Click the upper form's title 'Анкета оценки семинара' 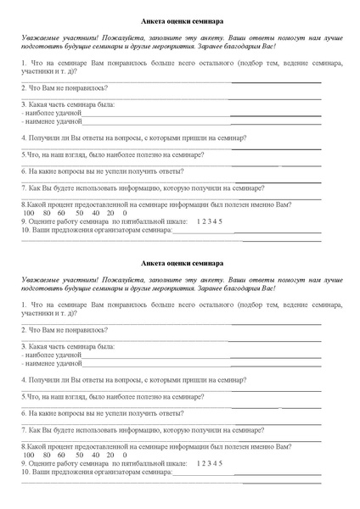click(x=181, y=21)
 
